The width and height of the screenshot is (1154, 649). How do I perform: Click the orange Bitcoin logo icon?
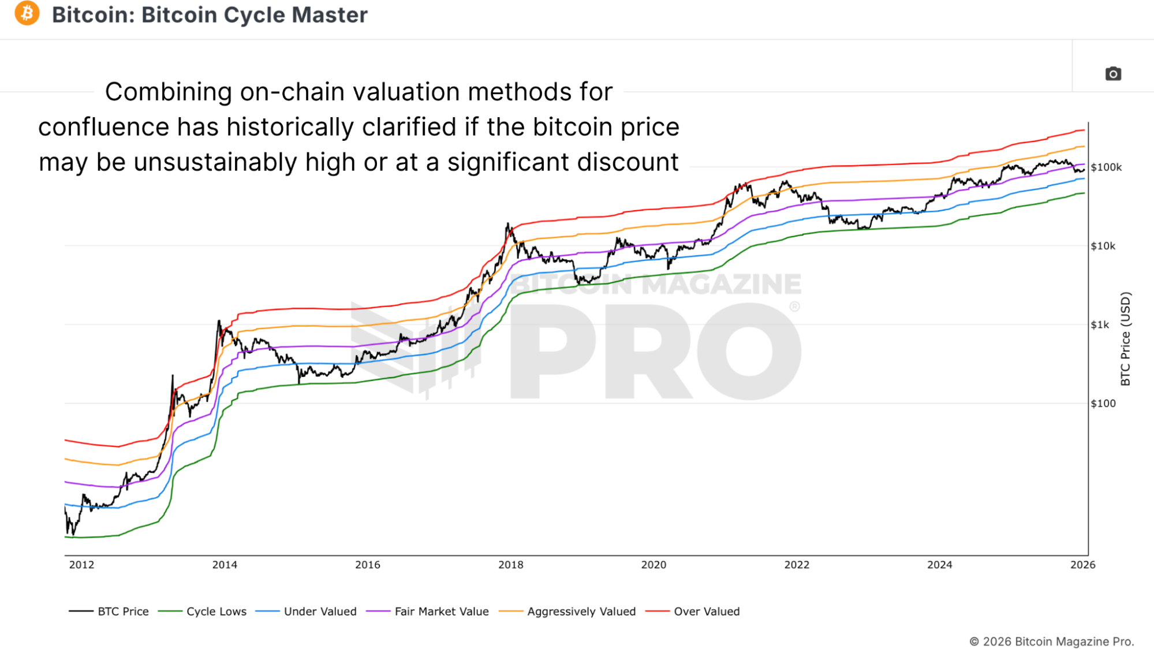[x=27, y=14]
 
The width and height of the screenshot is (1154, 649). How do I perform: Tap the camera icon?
[x=1113, y=74]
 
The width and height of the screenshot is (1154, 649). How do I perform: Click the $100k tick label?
[x=1106, y=167]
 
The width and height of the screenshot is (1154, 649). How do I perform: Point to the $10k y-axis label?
[x=1103, y=246]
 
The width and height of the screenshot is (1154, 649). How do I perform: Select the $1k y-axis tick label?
[x=1100, y=325]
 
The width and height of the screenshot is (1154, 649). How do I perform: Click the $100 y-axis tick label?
[x=1103, y=404]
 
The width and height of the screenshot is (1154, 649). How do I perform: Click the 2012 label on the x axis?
[x=81, y=565]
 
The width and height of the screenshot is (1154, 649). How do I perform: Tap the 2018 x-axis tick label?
[x=511, y=565]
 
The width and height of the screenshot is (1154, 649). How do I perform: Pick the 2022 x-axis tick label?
[x=797, y=565]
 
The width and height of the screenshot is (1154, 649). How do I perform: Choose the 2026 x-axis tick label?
[x=1082, y=565]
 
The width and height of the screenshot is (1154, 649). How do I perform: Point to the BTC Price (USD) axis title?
[x=1125, y=339]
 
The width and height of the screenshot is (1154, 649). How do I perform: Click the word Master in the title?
[x=329, y=15]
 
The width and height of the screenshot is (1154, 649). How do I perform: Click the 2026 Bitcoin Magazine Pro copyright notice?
[x=1051, y=641]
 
